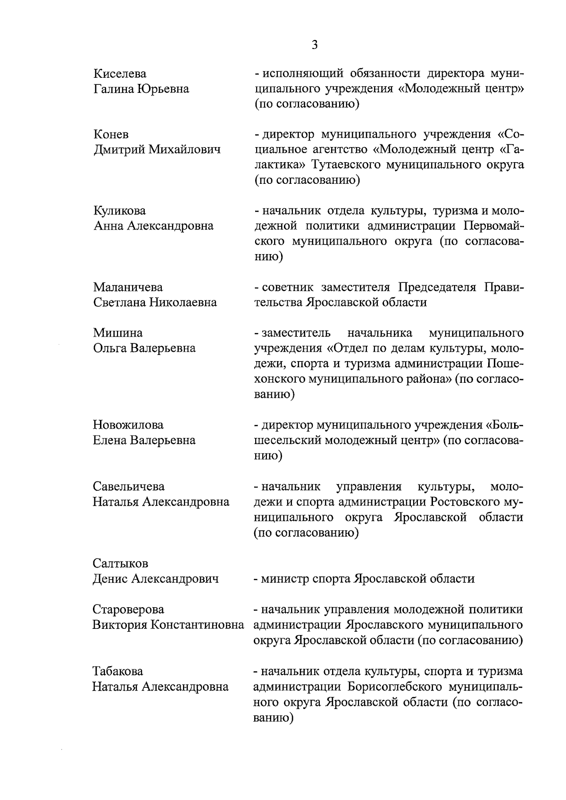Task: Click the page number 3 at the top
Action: click(x=315, y=45)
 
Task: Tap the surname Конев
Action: click(x=111, y=135)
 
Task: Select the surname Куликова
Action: click(x=119, y=210)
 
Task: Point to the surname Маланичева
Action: click(x=128, y=287)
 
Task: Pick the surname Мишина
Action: click(x=117, y=333)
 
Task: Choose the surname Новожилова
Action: click(x=128, y=425)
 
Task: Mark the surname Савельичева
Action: click(x=129, y=486)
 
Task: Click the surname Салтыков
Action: click(x=120, y=563)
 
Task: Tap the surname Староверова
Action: click(x=128, y=610)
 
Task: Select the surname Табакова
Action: click(x=118, y=671)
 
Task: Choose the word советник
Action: click(x=288, y=287)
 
